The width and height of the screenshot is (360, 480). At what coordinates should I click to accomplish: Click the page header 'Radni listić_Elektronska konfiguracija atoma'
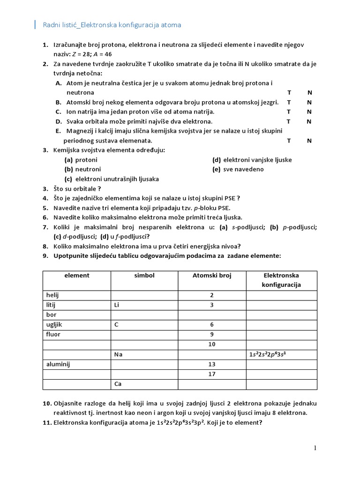[x=112, y=25]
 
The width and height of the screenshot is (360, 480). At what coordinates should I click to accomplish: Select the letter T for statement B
[x=289, y=102]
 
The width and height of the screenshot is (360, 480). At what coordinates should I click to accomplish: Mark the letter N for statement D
[x=309, y=121]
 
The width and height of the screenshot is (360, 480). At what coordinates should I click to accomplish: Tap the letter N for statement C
[x=309, y=112]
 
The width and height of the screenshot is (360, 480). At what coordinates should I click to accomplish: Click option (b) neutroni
[x=82, y=169]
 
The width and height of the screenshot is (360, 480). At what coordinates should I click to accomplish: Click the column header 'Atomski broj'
[x=212, y=276]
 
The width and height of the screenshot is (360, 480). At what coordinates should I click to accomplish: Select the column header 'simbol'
[x=144, y=276]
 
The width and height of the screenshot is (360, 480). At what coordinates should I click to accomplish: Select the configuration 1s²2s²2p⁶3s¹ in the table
[x=268, y=354]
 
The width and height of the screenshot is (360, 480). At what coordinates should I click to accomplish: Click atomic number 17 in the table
[x=212, y=374]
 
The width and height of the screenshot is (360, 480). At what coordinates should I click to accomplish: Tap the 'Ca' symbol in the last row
[x=118, y=384]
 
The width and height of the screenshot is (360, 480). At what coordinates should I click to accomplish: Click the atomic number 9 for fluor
[x=212, y=335]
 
